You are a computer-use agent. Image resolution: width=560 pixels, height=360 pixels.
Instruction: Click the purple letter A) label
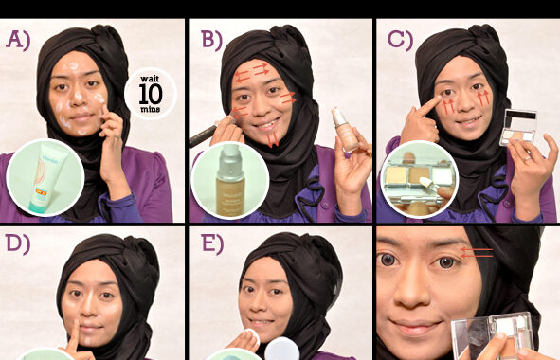click(x=18, y=40)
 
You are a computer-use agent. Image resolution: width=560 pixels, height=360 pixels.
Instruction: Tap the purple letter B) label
click(x=212, y=40)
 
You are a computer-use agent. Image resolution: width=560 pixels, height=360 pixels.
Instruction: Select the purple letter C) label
click(x=400, y=40)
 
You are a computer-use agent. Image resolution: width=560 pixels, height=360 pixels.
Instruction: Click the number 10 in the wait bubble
click(x=151, y=94)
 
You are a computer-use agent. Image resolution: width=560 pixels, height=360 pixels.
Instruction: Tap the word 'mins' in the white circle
click(x=151, y=109)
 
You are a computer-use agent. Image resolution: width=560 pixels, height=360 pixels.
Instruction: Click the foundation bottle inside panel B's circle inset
click(x=230, y=180)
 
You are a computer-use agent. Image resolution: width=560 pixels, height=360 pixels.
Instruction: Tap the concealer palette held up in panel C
click(x=518, y=128)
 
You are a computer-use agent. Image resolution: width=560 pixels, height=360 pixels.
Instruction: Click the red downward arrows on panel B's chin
click(x=273, y=139)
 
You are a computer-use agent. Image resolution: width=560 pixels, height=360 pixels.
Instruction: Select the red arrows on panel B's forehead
click(x=252, y=73)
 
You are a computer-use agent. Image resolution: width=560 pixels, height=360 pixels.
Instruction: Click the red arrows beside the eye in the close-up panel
click(x=477, y=253)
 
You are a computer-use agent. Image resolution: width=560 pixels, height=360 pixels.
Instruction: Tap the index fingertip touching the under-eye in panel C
click(x=439, y=100)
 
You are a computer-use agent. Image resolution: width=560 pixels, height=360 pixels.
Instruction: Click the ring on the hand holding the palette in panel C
click(x=527, y=159)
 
